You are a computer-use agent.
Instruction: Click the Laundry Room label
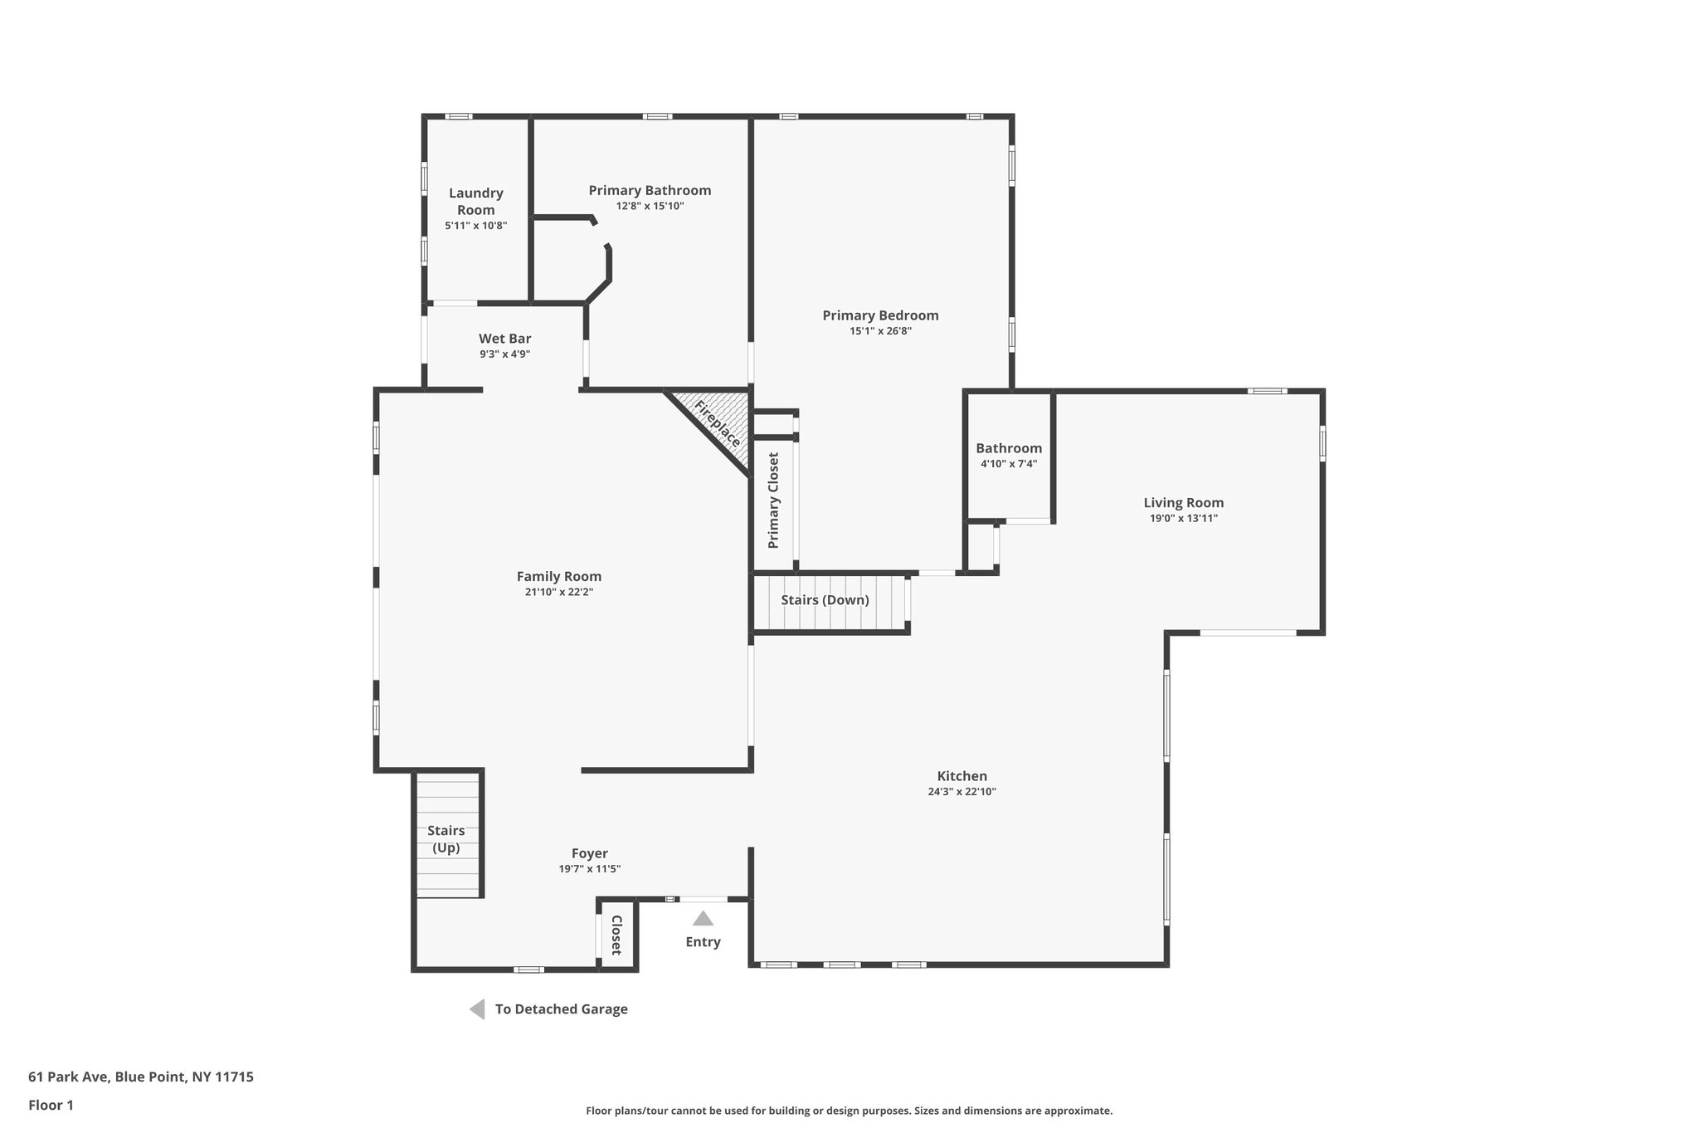coord(475,201)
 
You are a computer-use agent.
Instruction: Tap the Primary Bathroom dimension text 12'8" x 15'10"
coord(650,207)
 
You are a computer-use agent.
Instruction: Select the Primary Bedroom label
coord(880,315)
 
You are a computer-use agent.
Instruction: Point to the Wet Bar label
coord(504,339)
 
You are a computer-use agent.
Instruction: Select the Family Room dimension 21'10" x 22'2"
coord(558,593)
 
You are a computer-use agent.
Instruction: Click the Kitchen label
coord(961,776)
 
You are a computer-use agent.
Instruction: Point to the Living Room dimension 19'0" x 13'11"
coord(1183,519)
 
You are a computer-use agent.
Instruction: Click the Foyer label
coord(589,853)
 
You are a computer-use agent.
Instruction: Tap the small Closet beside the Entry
coord(616,935)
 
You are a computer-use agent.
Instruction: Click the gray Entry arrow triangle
coord(703,919)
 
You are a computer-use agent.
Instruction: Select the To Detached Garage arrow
coord(477,1009)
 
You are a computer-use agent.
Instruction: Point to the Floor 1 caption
coord(51,1105)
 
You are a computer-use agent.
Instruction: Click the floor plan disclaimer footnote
coord(849,1111)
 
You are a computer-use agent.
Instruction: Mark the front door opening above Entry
coord(703,899)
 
